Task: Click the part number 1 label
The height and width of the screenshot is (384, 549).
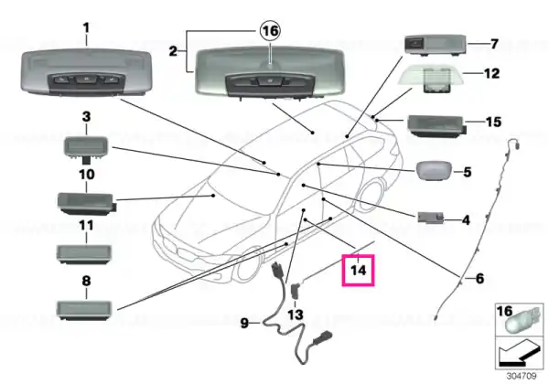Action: pos(86,28)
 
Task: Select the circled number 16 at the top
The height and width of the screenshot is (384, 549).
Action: pos(270,31)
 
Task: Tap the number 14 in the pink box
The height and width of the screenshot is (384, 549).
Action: pos(358,271)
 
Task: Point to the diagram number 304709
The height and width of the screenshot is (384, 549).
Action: pos(522,376)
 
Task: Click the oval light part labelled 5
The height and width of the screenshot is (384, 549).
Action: pos(433,171)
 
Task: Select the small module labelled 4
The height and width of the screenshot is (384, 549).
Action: pos(430,218)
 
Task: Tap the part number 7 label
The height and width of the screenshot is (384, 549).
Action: pos(494,44)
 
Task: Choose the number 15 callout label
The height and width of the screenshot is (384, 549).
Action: pos(493,122)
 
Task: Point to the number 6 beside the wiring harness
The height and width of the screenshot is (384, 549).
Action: pos(479,278)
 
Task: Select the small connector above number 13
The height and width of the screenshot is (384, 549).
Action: pos(296,290)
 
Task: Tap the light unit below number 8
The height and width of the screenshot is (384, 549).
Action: pos(84,309)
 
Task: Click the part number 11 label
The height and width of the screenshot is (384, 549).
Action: pos(86,226)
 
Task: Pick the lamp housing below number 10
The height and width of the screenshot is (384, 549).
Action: pos(87,203)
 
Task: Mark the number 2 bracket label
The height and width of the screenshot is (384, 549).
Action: pos(173,51)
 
